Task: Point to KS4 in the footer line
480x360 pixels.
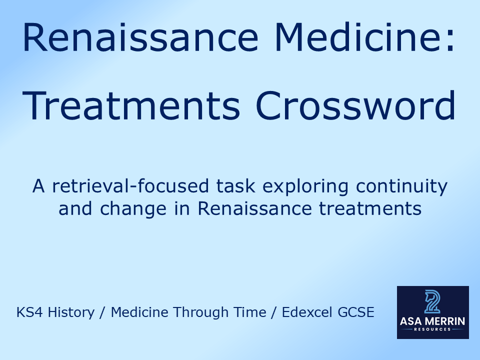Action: point(27,313)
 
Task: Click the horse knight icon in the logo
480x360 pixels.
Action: point(432,301)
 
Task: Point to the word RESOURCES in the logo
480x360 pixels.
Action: point(433,330)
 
